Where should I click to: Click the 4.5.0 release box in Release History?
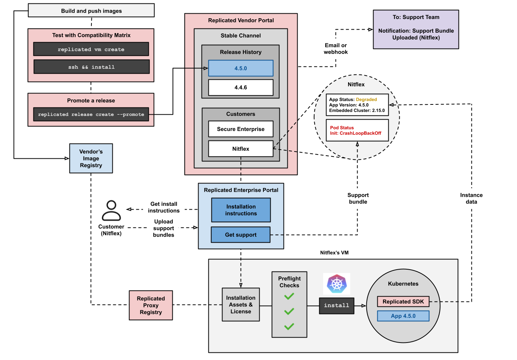241,68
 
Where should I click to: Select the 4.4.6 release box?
241,87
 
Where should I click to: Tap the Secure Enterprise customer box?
241,129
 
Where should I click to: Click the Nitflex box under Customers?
241,149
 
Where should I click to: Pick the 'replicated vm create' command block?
91,49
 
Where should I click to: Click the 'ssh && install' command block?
91,67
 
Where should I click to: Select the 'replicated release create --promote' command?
91,114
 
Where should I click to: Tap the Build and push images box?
91,11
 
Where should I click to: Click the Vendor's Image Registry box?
91,158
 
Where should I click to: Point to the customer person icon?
111,211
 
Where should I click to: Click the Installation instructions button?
241,210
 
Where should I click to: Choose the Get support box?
241,235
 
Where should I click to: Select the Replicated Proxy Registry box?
151,305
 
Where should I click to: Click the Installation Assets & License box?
241,305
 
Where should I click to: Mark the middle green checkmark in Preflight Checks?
289,311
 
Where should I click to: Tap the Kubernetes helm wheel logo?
337,284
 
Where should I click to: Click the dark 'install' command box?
336,305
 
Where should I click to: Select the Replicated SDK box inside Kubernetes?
403,302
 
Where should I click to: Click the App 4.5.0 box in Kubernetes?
403,316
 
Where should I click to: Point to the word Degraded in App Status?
366,99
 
